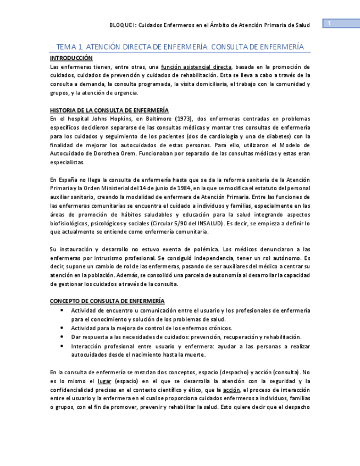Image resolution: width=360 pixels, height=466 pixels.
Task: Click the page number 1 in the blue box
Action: click(x=329, y=23)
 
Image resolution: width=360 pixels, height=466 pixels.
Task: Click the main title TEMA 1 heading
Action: click(x=180, y=47)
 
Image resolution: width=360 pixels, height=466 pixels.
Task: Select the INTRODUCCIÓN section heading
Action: click(x=71, y=58)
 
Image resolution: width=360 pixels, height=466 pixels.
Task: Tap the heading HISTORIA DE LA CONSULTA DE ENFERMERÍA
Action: click(x=109, y=110)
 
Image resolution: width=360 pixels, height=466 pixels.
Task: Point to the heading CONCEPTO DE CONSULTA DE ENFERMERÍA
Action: click(x=107, y=301)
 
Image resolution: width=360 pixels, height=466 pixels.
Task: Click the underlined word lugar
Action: click(x=104, y=381)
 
